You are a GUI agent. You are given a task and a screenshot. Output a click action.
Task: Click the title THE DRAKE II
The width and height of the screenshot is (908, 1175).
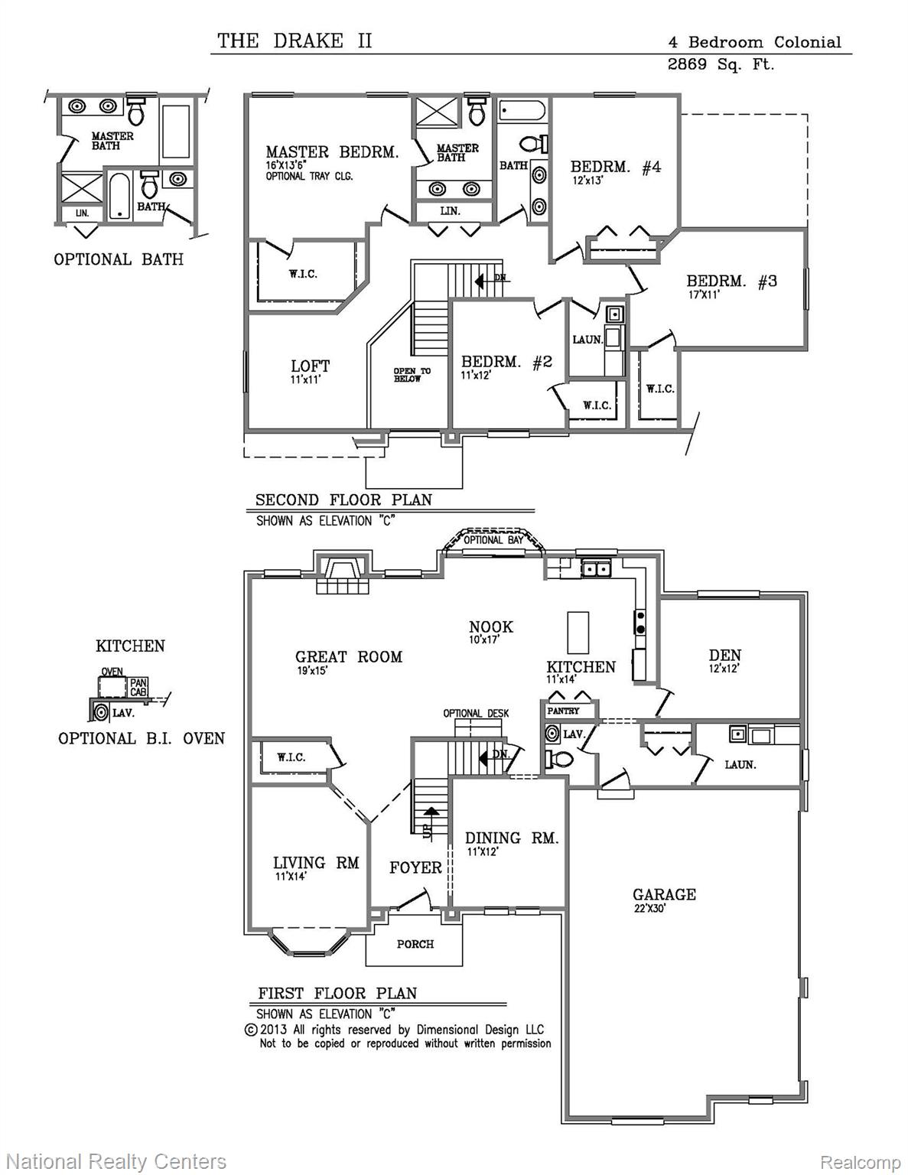tap(295, 41)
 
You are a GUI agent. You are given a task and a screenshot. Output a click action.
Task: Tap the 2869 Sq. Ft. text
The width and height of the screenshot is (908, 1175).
tap(721, 64)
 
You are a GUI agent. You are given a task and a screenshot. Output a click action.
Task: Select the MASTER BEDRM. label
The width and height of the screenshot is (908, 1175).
tap(332, 152)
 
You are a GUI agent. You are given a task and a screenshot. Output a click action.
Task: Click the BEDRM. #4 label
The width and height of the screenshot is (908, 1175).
tap(616, 167)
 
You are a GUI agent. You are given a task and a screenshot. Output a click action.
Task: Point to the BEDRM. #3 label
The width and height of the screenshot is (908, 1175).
tap(732, 281)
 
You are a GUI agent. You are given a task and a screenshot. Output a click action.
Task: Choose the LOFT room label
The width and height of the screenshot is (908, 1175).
tap(311, 366)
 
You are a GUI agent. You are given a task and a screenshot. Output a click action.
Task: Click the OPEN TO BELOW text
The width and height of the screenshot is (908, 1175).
tap(412, 375)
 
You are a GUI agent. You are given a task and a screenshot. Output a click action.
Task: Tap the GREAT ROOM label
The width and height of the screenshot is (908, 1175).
tap(349, 657)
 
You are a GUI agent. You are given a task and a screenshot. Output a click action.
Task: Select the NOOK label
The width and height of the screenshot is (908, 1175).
tap(491, 627)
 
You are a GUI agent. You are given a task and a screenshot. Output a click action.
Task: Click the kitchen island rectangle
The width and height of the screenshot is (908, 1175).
tap(578, 632)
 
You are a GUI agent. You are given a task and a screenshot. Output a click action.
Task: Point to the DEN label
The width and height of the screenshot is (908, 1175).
tap(725, 656)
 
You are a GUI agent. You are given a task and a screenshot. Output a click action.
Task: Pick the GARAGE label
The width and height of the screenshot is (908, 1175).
tap(664, 894)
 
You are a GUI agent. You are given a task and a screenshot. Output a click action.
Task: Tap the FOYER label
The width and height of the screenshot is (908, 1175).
tap(415, 868)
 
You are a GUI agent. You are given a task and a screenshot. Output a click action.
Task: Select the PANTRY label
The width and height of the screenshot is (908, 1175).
tap(563, 711)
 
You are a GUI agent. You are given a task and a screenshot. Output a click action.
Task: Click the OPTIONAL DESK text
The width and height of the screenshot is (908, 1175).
tap(476, 713)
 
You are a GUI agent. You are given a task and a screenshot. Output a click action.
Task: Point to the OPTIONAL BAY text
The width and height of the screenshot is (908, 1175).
tap(493, 539)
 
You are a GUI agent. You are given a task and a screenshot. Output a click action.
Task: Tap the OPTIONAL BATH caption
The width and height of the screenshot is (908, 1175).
tap(119, 259)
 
